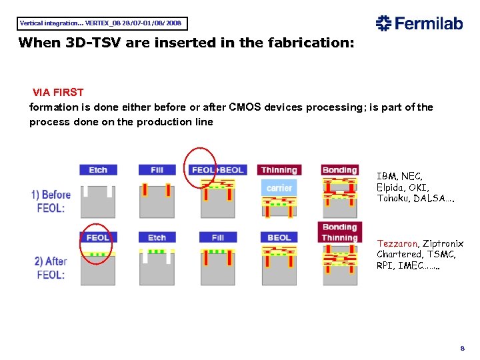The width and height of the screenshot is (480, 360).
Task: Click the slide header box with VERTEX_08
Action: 101,23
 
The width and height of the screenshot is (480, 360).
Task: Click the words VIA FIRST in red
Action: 58,92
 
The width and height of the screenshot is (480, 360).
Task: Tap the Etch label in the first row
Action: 98,170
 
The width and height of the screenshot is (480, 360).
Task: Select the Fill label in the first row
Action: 157,170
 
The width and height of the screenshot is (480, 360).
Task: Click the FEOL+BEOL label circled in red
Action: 217,170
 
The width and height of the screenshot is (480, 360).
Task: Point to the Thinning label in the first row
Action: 279,170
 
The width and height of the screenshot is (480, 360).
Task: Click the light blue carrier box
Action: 279,188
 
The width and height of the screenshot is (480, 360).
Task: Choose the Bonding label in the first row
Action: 340,170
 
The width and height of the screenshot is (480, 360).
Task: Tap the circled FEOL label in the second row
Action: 98,237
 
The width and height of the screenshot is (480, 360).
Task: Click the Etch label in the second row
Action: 157,237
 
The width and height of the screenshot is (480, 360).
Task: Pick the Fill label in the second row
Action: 218,237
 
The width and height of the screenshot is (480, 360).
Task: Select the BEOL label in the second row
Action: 279,237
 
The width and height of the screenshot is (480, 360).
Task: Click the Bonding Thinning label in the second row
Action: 340,232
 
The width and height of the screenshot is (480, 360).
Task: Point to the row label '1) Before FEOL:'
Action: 51,201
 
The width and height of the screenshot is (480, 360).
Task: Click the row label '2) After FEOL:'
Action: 50,268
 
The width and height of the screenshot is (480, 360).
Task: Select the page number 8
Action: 461,349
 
